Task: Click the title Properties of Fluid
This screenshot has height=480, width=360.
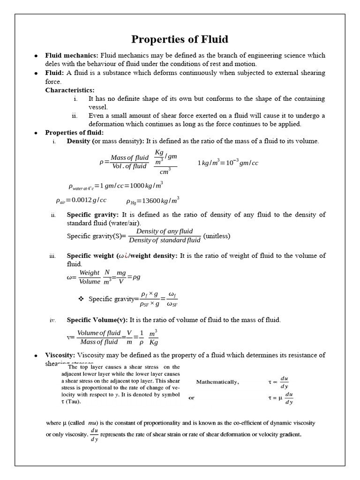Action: (180, 39)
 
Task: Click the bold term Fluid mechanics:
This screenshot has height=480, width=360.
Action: (72, 55)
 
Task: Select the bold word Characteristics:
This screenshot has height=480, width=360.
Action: (69, 90)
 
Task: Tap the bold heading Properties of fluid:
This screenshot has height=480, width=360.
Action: (74, 133)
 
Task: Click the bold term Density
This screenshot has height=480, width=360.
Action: (79, 141)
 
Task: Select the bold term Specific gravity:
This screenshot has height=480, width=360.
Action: (92, 215)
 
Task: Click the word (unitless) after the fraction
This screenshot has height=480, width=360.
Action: (217, 236)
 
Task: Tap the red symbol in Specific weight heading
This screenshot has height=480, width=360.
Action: (125, 256)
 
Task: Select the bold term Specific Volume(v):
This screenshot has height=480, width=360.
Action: (97, 320)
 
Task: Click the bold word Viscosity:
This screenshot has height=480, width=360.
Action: (60, 355)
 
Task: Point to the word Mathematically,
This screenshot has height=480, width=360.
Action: (217, 382)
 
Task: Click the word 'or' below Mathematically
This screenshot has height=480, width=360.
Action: (191, 397)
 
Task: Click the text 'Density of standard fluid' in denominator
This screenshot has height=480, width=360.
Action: (165, 240)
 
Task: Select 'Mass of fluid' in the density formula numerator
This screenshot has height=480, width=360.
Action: (129, 158)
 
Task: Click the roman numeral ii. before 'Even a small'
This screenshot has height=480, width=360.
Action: (75, 116)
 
